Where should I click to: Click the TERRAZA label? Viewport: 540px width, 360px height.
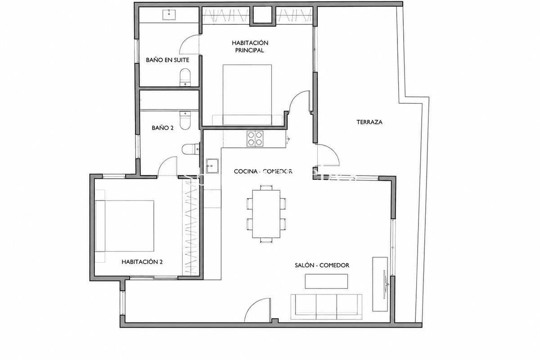tap(369, 122)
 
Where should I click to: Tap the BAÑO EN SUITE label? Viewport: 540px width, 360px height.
tap(167, 60)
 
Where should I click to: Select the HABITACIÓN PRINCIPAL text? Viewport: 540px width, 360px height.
tap(250, 46)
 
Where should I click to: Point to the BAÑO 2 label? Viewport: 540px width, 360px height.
tap(162, 128)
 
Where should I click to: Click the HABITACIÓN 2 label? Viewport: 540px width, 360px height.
tap(142, 262)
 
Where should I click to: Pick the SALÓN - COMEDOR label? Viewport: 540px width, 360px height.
tap(322, 265)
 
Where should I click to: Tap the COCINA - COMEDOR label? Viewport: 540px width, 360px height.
tap(263, 171)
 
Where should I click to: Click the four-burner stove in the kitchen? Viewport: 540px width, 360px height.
tap(255, 139)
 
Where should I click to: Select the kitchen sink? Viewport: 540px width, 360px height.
tap(212, 166)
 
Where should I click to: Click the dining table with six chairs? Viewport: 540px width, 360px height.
tap(266, 214)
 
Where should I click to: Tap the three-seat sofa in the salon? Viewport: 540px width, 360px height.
tap(326, 307)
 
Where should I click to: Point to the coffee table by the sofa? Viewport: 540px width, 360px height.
tap(326, 281)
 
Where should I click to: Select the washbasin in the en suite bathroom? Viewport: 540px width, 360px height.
tap(169, 14)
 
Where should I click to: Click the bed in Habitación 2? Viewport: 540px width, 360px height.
tap(124, 226)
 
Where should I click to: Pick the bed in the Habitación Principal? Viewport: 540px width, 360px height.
tap(247, 95)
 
